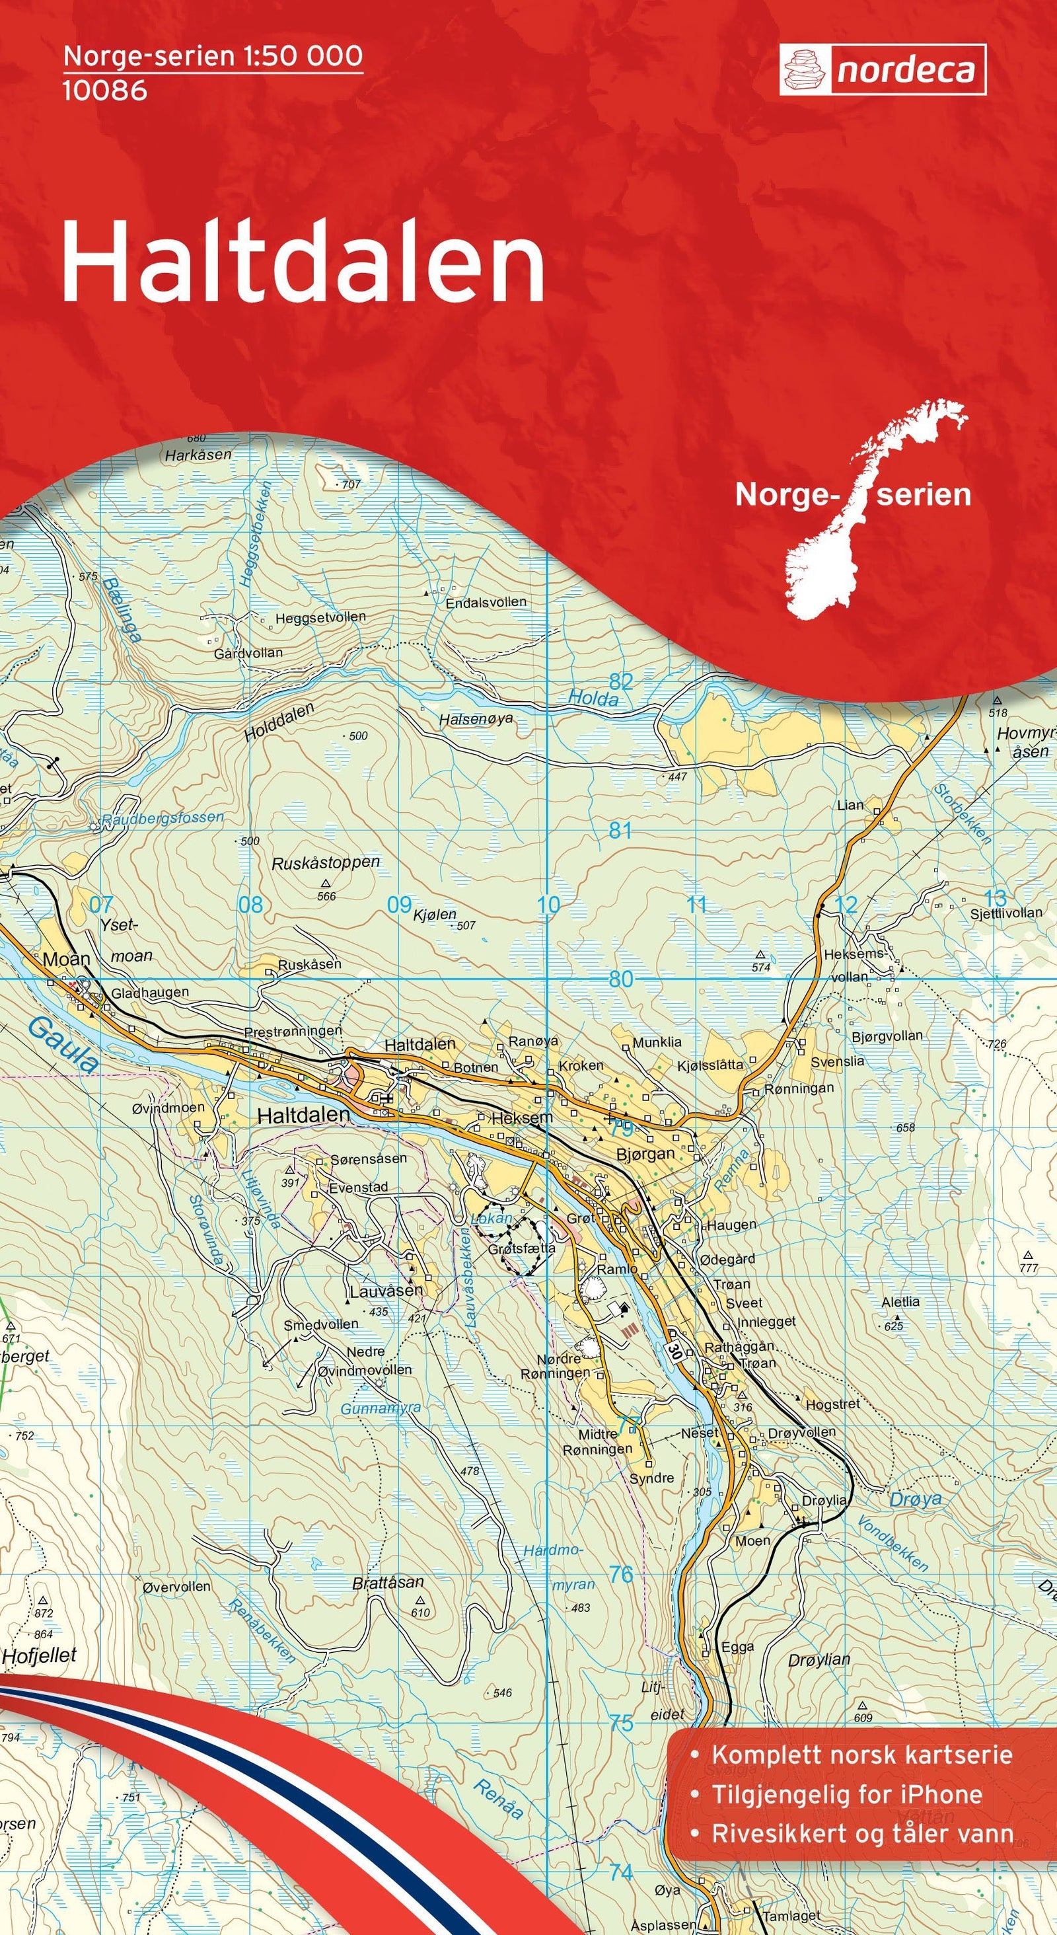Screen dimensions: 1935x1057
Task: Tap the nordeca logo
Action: pyautogui.click(x=882, y=70)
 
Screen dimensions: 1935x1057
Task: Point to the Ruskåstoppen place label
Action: pyautogui.click(x=325, y=862)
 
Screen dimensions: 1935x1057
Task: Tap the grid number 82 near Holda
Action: pyautogui.click(x=621, y=681)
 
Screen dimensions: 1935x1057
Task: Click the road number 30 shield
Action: pyautogui.click(x=674, y=1347)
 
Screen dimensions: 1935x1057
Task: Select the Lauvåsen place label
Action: pyautogui.click(x=386, y=1291)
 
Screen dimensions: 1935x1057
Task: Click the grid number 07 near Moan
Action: pyautogui.click(x=100, y=905)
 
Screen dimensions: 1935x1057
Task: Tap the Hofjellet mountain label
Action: pyautogui.click(x=39, y=1655)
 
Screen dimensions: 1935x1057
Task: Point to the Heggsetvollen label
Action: pyautogui.click(x=320, y=617)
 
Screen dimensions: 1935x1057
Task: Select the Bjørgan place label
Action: pyautogui.click(x=645, y=1154)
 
